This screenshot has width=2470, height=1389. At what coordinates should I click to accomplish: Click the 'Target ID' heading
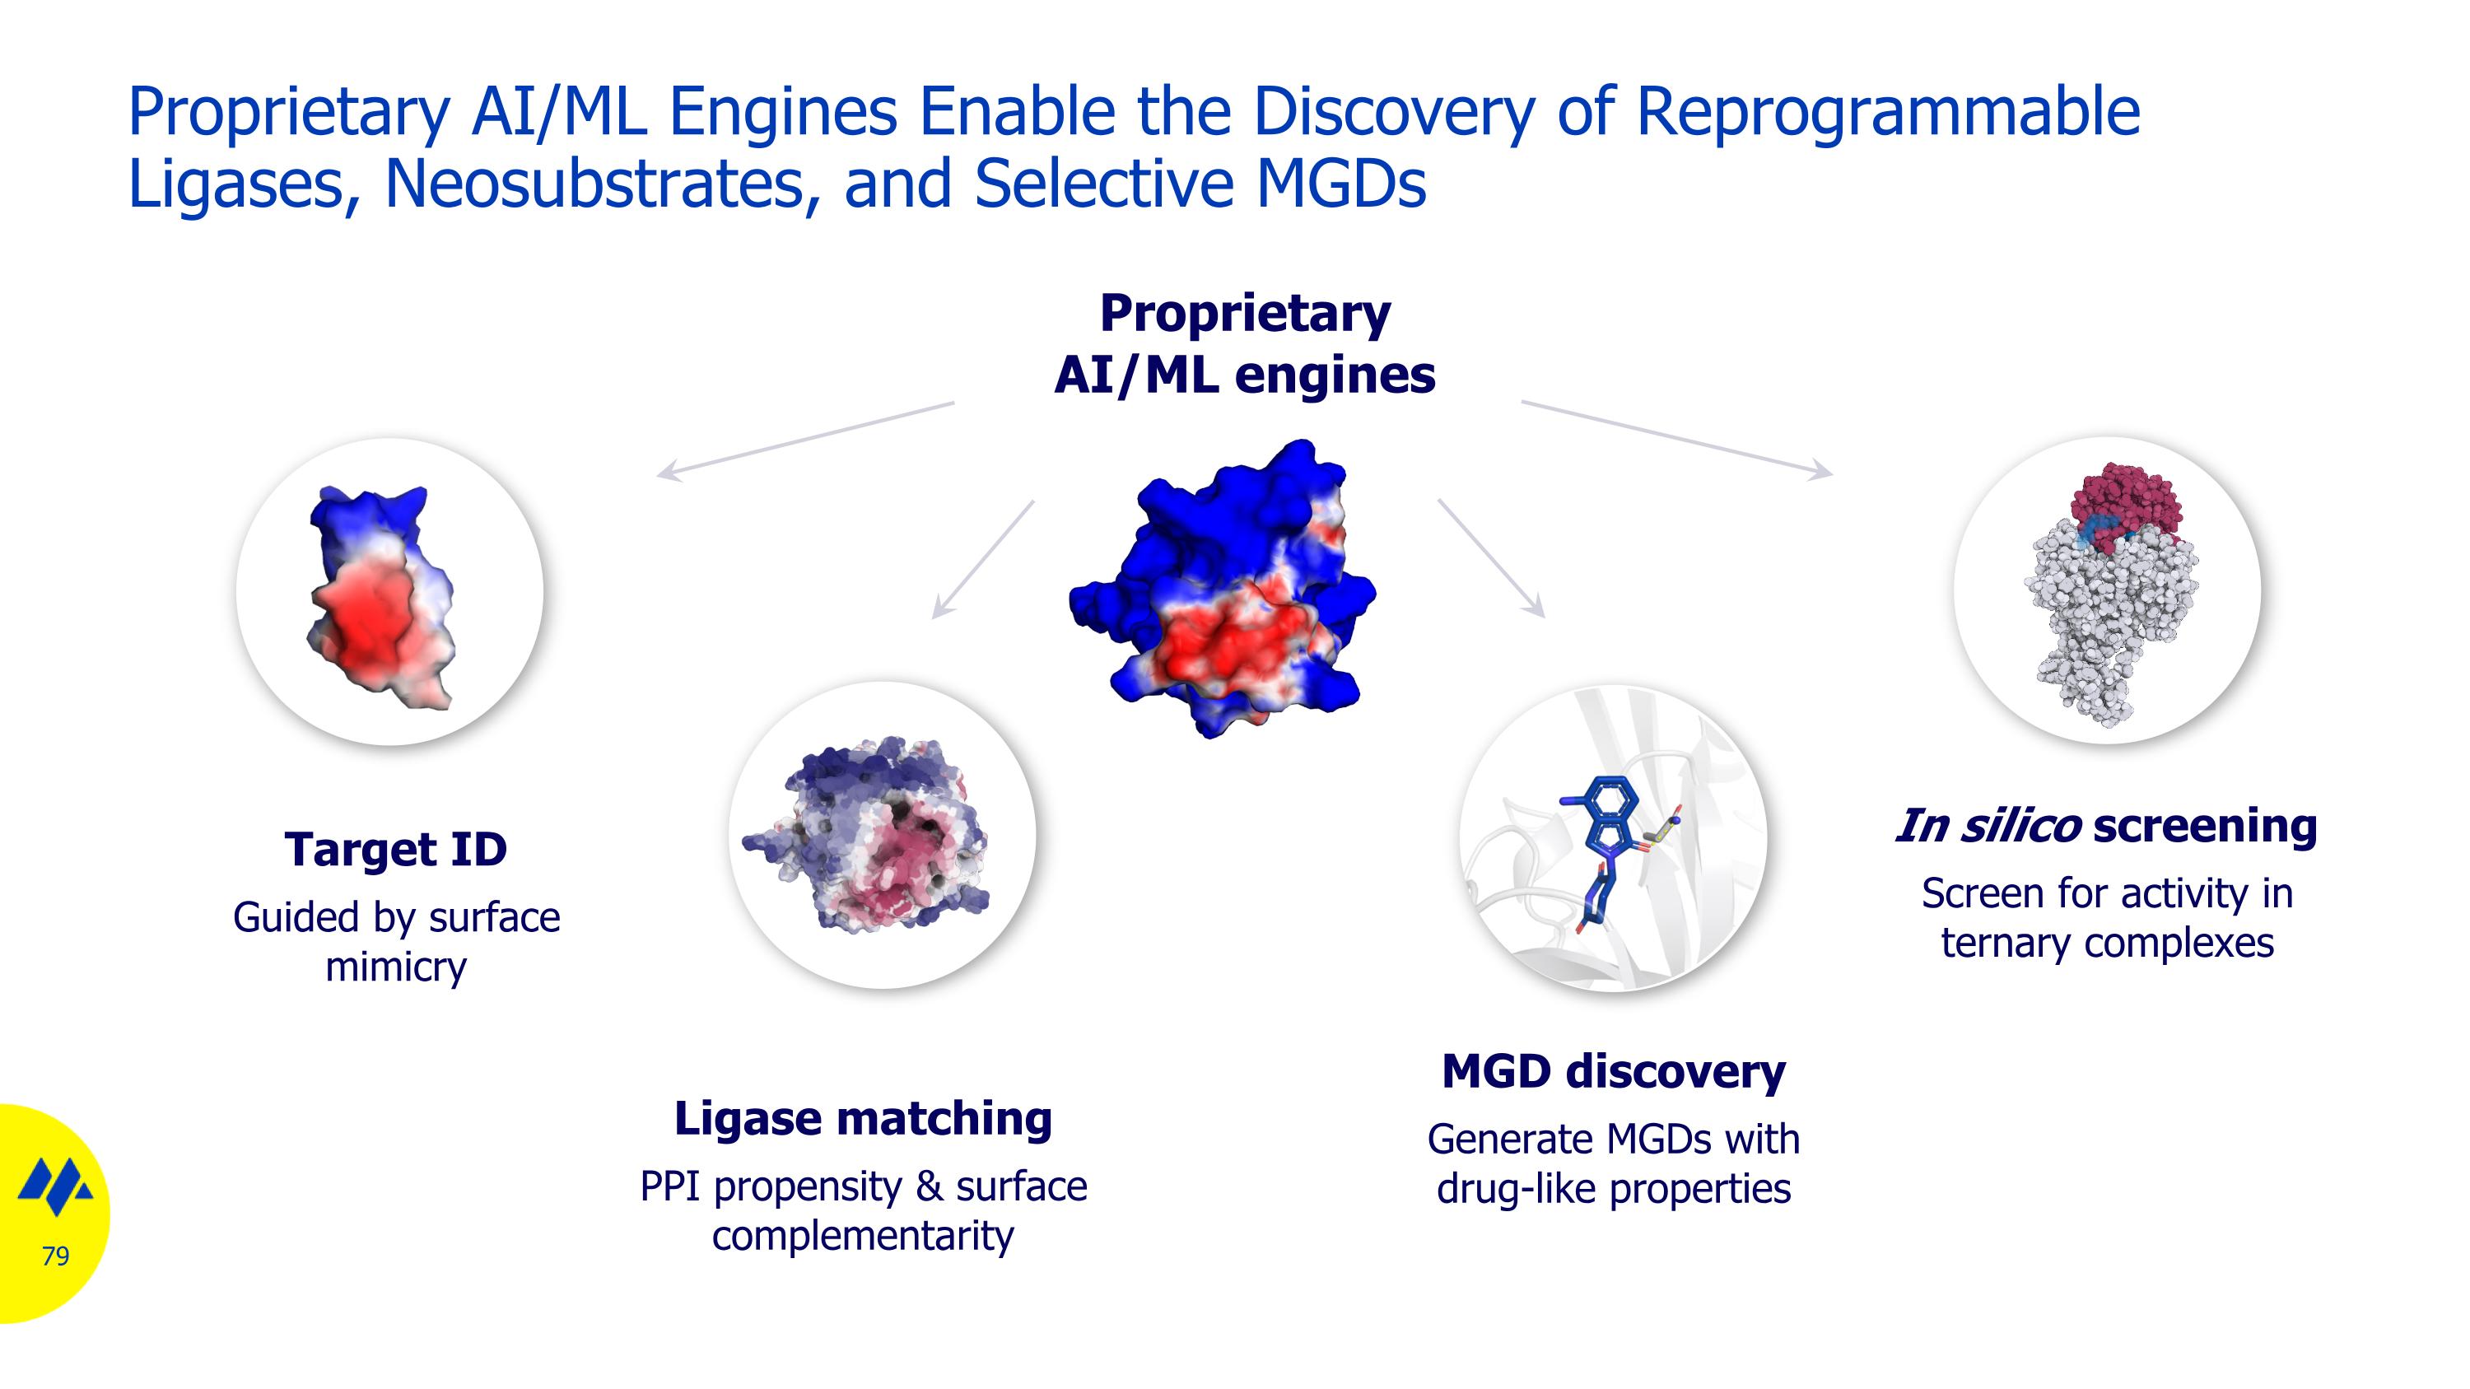(x=395, y=850)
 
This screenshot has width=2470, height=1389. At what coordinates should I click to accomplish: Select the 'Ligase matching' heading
(x=863, y=1119)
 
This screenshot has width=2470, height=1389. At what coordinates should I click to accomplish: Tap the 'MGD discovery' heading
(x=1614, y=1072)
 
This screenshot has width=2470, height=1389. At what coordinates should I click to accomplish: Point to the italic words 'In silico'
(x=1988, y=827)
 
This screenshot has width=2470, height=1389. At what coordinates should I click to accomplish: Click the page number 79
(x=56, y=1256)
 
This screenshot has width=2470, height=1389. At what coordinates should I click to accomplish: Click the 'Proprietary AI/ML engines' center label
(x=1245, y=343)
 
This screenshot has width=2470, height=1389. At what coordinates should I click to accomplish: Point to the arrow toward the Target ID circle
(x=805, y=440)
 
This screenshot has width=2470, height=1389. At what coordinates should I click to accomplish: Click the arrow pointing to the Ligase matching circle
(x=983, y=559)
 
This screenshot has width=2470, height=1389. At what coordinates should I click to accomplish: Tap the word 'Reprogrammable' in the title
(x=1887, y=112)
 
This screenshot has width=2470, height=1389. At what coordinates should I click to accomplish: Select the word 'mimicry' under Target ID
(x=395, y=967)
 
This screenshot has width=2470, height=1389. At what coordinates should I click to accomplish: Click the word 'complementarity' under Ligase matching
(x=863, y=1236)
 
